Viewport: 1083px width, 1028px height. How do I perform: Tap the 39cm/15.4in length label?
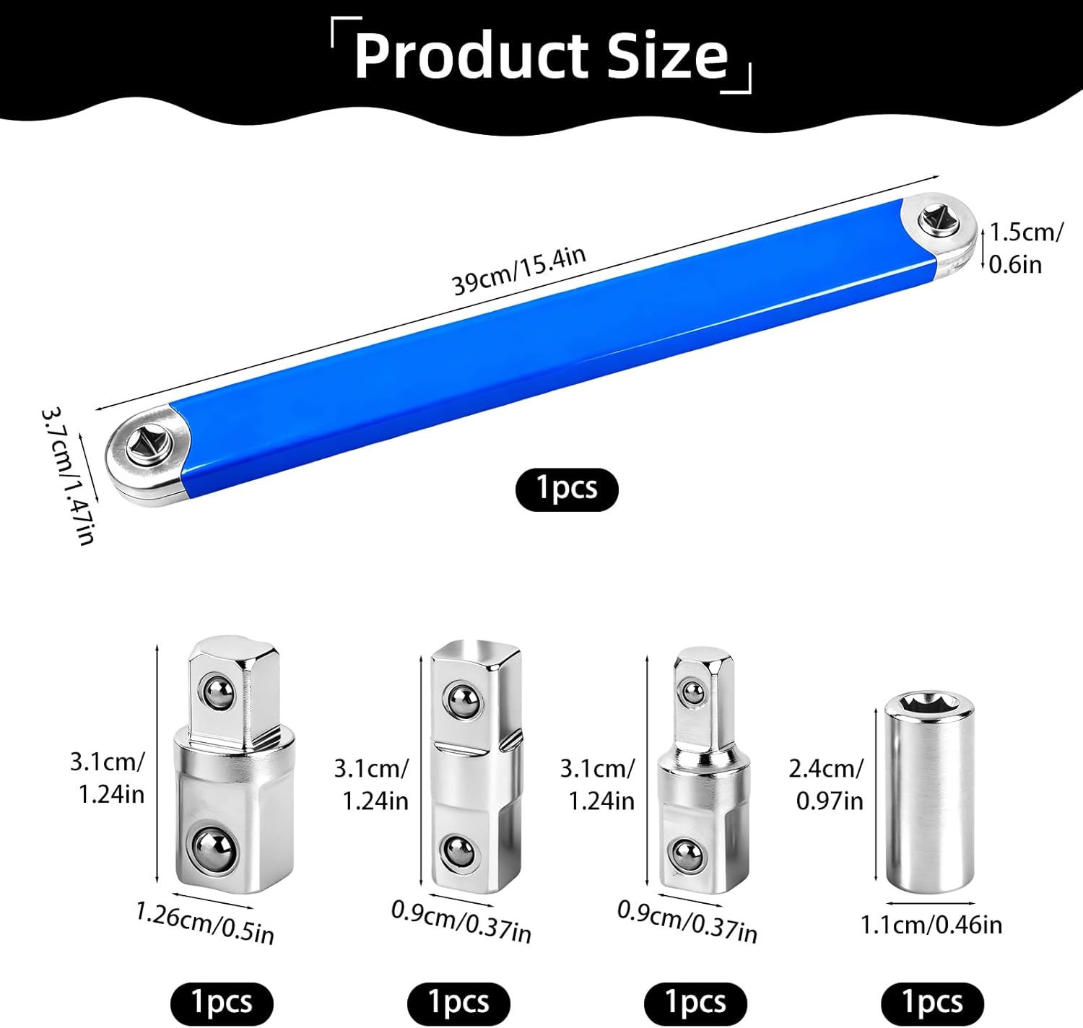[x=518, y=270]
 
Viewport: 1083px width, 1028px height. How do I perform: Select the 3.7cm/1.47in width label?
[x=69, y=476]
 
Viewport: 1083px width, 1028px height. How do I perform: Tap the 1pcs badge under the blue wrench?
[x=567, y=489]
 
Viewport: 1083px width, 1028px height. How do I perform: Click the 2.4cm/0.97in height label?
[x=826, y=785]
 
